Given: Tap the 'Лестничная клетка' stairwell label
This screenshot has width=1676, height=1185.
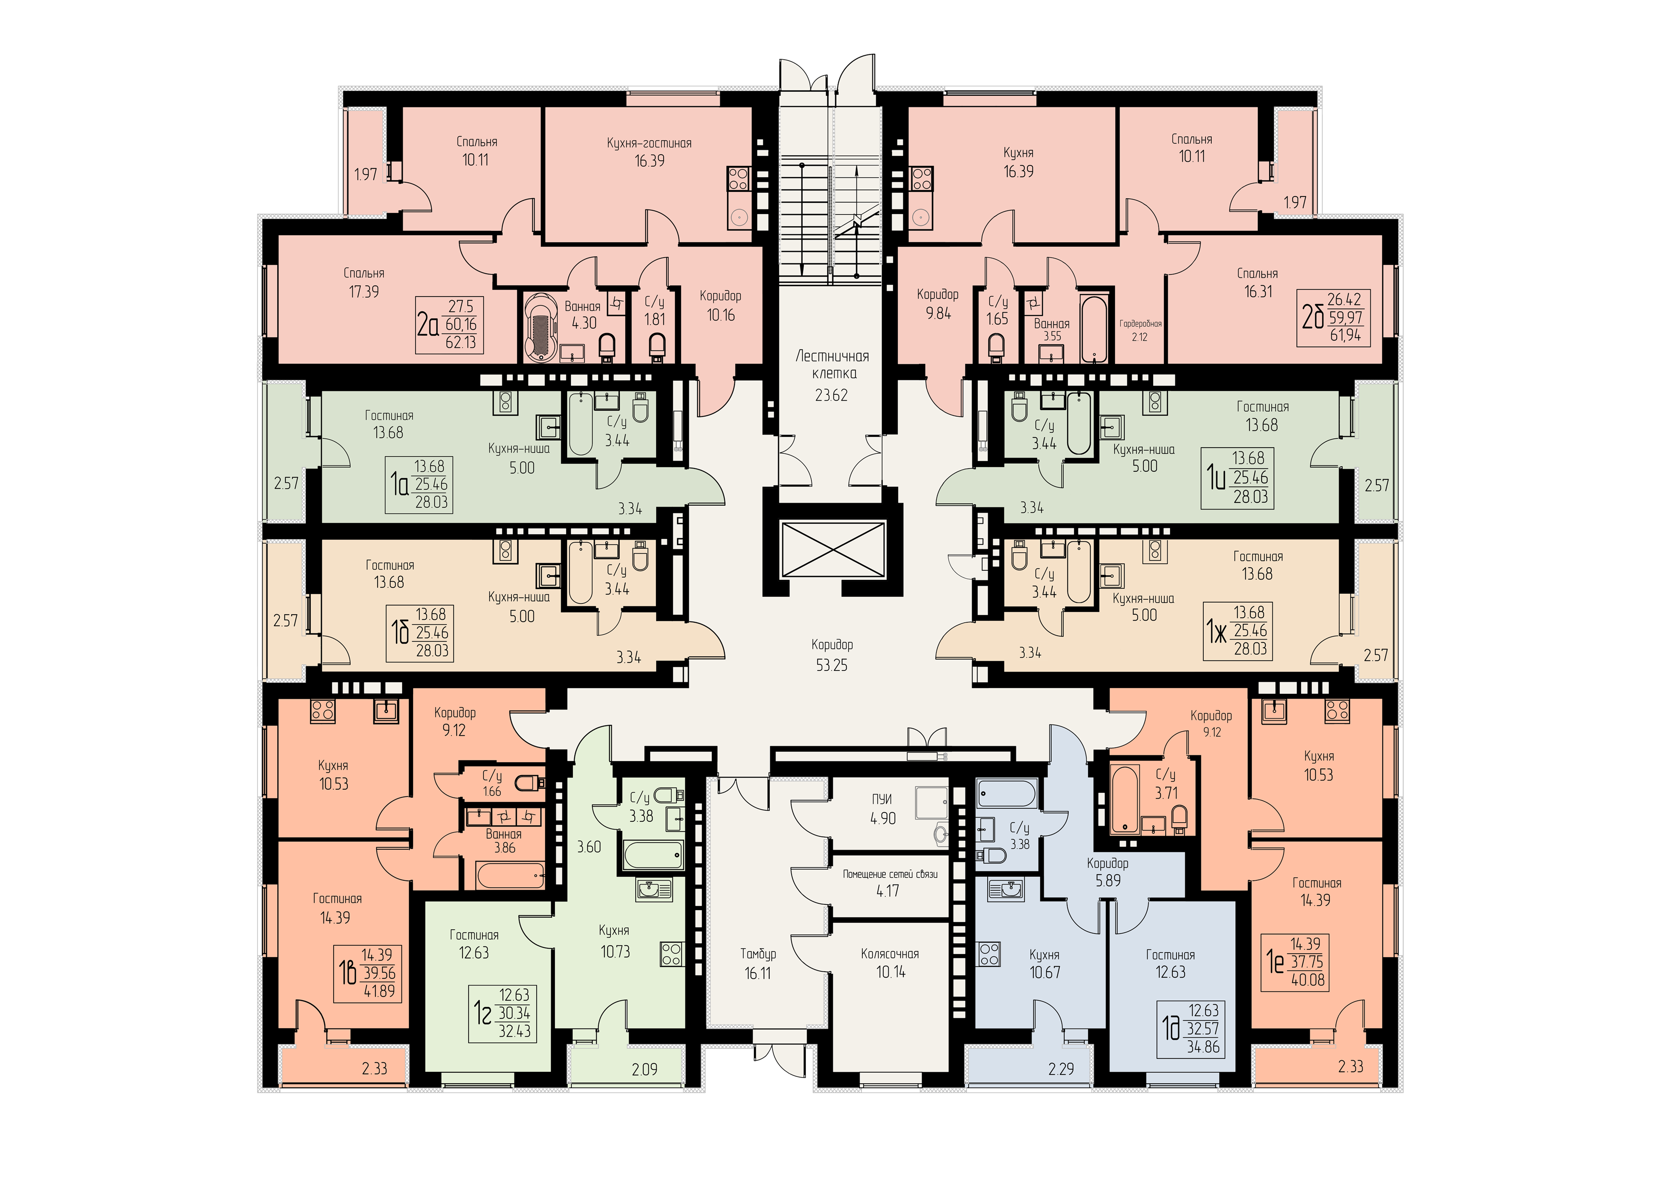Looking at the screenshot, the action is pyautogui.click(x=832, y=364).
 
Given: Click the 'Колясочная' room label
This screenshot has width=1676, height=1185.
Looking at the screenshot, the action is pyautogui.click(x=890, y=954).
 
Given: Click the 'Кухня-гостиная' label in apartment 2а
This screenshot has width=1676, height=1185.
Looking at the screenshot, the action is pyautogui.click(x=649, y=144).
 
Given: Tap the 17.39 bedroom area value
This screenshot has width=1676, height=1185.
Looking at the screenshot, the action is pyautogui.click(x=364, y=291).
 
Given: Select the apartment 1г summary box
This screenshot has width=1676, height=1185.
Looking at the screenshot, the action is pyautogui.click(x=502, y=1014).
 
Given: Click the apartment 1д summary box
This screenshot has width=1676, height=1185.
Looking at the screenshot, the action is pyautogui.click(x=1190, y=1029).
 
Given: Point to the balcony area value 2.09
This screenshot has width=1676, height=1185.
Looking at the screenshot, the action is pyautogui.click(x=644, y=1070).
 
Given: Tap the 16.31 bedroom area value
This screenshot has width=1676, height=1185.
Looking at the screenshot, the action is pyautogui.click(x=1258, y=291).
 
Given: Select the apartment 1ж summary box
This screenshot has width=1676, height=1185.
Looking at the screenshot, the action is pyautogui.click(x=1238, y=631).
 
